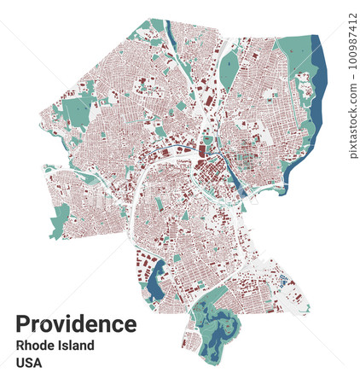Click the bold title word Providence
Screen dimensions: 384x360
(x=76, y=324)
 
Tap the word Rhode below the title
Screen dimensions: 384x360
(x=35, y=346)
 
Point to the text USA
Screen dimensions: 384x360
(x=28, y=363)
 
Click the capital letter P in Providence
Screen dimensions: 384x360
(x=23, y=324)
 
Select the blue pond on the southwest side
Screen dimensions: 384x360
(x=155, y=280)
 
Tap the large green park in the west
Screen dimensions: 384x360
(x=78, y=111)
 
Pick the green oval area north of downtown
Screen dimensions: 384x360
(x=228, y=73)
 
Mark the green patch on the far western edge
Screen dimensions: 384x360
(x=60, y=220)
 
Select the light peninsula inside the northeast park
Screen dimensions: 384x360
(x=304, y=85)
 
